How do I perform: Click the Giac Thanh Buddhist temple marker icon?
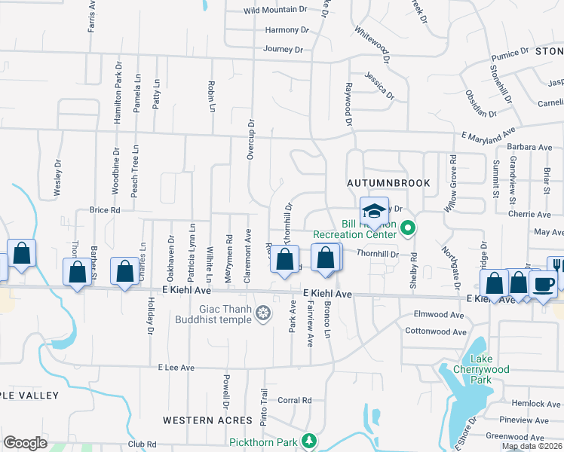tap(262, 313)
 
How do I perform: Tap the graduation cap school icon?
tap(373, 211)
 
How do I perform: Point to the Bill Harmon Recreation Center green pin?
tap(408, 227)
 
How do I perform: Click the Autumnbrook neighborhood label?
tap(388, 183)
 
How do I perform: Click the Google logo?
tap(25, 443)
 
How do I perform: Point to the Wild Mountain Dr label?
tap(275, 11)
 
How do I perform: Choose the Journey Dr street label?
tap(283, 50)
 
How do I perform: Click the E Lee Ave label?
tap(176, 368)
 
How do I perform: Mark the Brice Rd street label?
tap(105, 210)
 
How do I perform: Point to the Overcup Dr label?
tap(252, 139)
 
